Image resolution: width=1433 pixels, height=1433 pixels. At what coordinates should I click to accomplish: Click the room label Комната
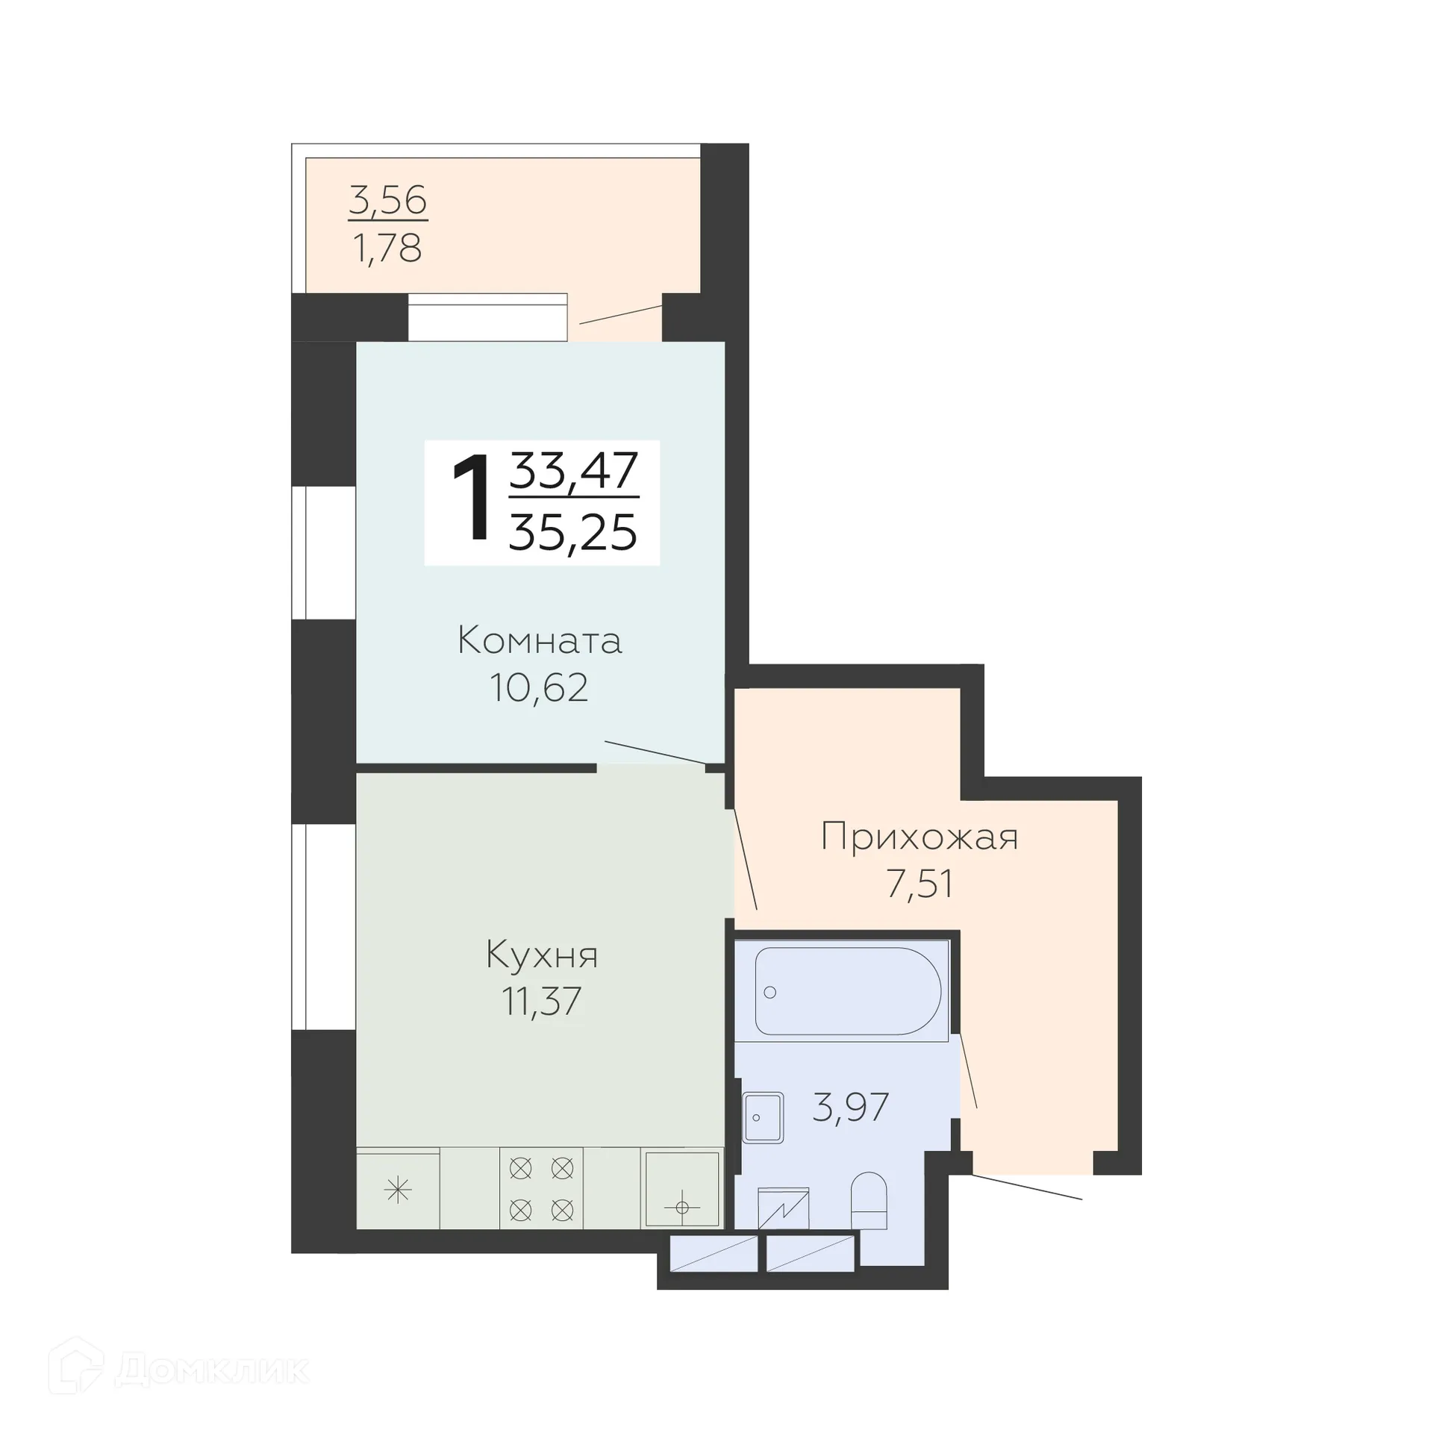click(x=540, y=641)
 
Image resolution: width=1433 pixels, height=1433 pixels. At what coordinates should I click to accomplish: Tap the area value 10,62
click(x=539, y=687)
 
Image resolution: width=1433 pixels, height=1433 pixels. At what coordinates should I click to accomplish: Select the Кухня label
click(x=542, y=955)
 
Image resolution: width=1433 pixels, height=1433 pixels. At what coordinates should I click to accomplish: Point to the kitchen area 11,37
click(x=542, y=1001)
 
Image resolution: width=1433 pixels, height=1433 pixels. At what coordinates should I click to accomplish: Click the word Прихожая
click(x=919, y=837)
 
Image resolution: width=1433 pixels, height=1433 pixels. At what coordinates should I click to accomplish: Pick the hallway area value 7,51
click(x=920, y=884)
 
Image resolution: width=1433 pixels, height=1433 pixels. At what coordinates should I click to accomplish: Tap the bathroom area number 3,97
click(x=850, y=1107)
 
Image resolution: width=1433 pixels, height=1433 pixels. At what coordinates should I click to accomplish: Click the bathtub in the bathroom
click(x=847, y=990)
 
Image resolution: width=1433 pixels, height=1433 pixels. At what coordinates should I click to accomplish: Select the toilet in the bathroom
click(x=869, y=1199)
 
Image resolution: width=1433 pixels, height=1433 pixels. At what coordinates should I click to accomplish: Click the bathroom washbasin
click(x=763, y=1117)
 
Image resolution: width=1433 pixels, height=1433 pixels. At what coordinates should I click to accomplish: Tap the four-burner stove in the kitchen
click(x=541, y=1189)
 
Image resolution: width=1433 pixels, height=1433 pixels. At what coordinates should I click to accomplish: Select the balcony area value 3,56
click(x=387, y=201)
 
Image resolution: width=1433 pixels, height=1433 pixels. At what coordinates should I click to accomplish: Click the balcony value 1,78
click(x=387, y=248)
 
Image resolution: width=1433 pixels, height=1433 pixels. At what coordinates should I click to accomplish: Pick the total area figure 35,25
click(x=573, y=533)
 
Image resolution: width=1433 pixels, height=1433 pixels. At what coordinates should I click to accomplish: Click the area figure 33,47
click(x=573, y=470)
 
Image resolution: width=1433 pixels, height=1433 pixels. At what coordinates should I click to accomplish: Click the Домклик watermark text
click(x=212, y=1370)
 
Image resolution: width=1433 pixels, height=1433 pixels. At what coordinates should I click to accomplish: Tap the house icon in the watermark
click(x=75, y=1365)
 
